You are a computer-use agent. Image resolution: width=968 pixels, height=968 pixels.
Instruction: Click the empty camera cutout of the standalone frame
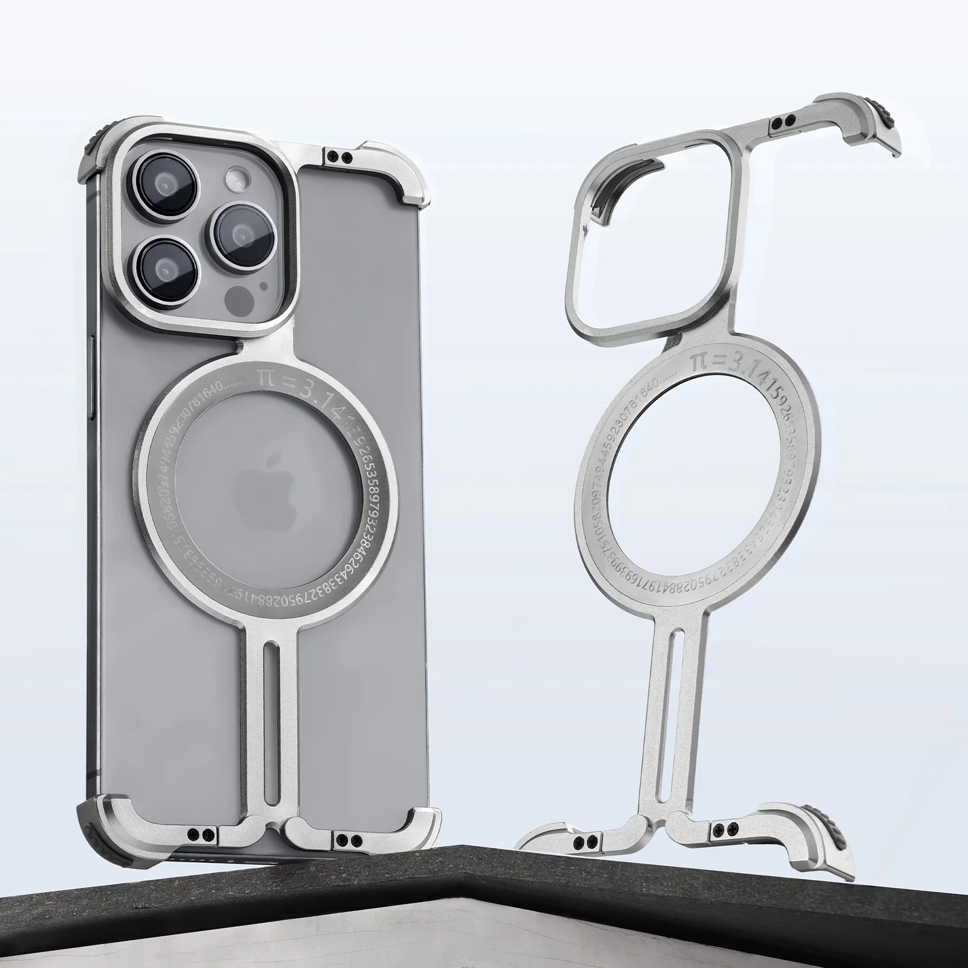tap(659, 230)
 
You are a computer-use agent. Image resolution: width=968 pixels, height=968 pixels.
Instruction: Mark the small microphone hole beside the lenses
tap(263, 285)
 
